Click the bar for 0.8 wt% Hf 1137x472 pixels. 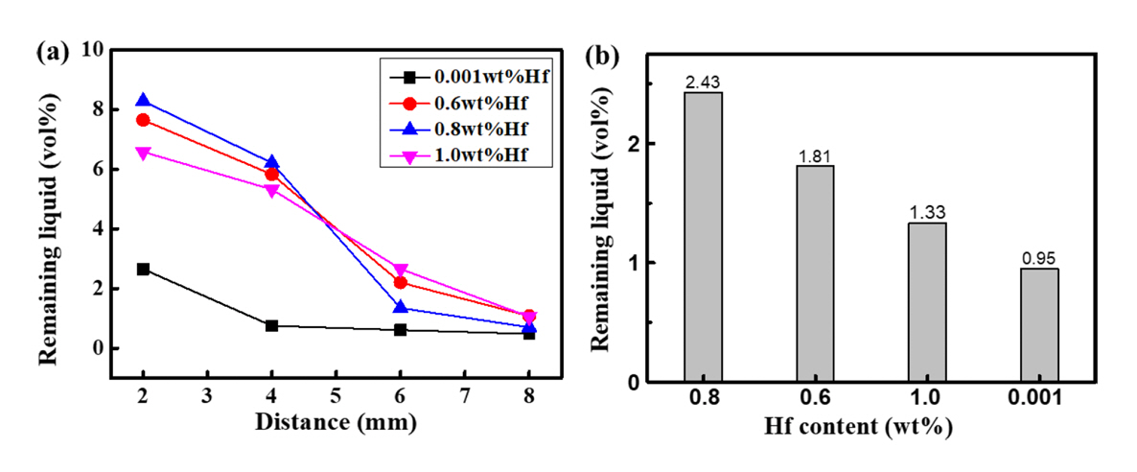(x=703, y=237)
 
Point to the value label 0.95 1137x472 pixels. (x=1039, y=260)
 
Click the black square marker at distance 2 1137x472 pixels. (x=143, y=269)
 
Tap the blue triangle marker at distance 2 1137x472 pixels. (x=143, y=100)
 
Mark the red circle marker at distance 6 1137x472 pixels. (x=401, y=282)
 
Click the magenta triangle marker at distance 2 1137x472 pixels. (x=143, y=153)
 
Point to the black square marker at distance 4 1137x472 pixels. (x=272, y=326)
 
